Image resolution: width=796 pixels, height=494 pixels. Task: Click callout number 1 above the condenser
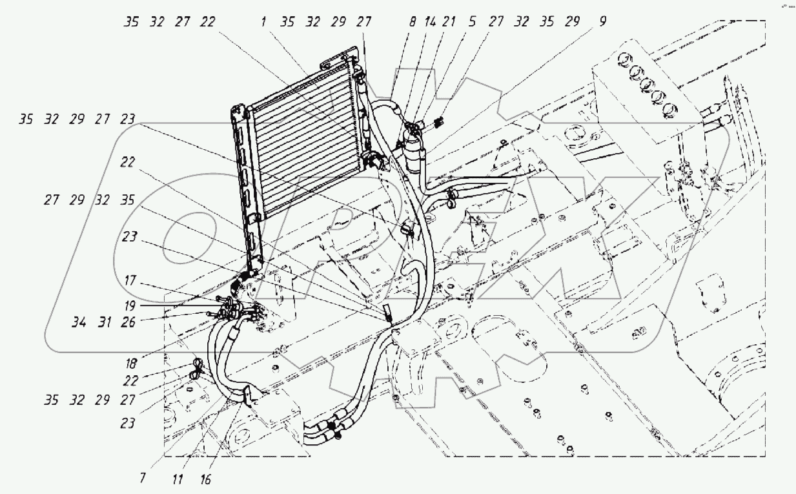[265, 22]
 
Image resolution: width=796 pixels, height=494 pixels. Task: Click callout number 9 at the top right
[602, 22]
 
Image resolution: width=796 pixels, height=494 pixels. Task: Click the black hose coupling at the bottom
[332, 426]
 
